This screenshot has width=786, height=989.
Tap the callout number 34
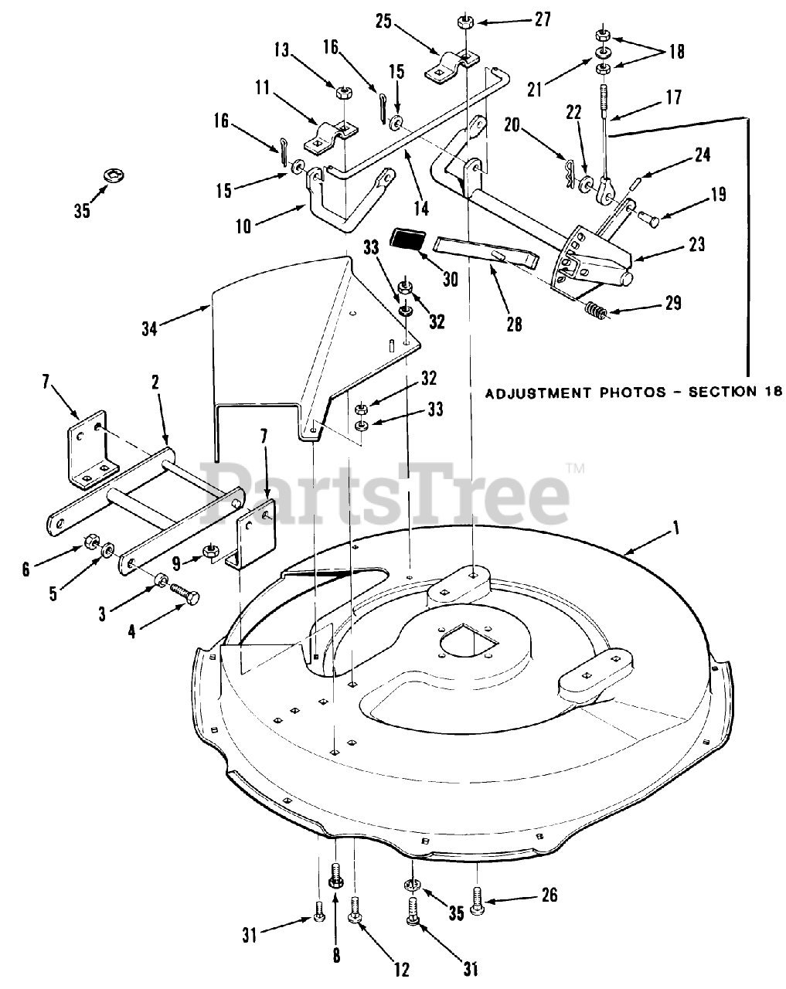coord(149,329)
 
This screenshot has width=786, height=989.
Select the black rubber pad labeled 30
coord(407,239)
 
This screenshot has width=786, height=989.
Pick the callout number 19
coord(718,194)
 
